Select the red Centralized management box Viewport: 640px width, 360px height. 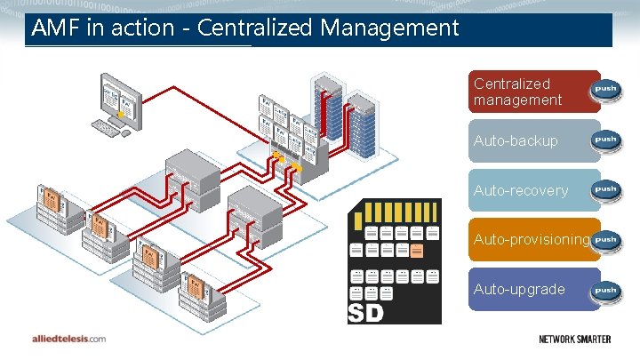(533, 92)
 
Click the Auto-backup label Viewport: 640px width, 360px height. (516, 140)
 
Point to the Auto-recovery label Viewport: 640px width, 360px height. (520, 190)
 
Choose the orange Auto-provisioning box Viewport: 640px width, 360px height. (531, 239)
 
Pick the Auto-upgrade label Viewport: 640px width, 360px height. (519, 289)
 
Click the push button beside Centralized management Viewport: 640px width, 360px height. (605, 91)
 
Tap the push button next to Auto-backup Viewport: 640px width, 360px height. (605, 140)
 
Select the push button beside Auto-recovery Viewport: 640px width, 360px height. (605, 189)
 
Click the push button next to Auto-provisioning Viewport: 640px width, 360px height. (605, 239)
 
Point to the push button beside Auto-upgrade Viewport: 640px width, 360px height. (605, 289)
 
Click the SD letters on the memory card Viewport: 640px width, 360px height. (366, 313)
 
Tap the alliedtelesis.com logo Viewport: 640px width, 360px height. (68, 339)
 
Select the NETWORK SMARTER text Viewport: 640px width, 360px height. (581, 339)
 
